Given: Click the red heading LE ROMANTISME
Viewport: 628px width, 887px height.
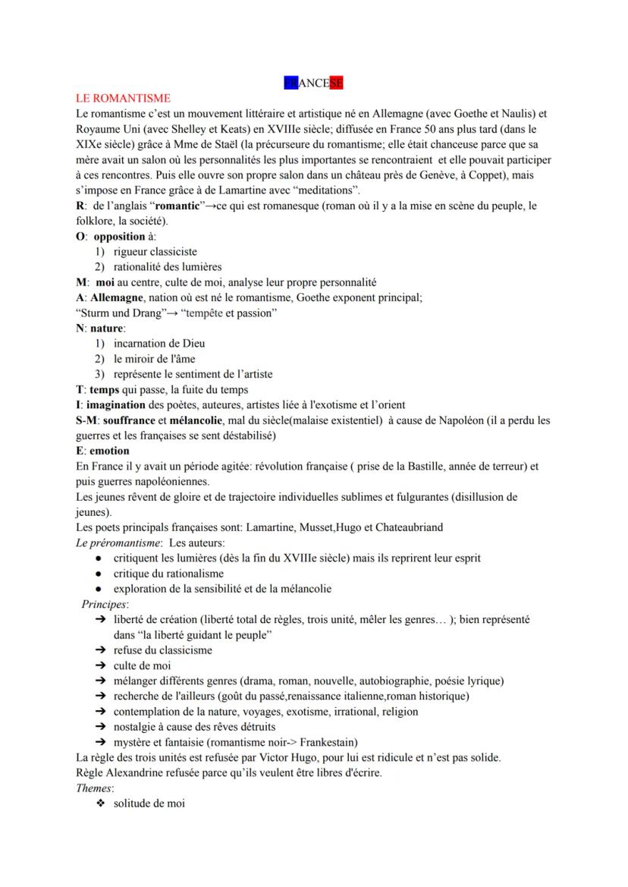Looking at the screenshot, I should coord(122,99).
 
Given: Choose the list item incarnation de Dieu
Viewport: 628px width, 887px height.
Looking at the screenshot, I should coord(159,343).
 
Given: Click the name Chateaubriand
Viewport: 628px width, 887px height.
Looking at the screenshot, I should coord(407,527).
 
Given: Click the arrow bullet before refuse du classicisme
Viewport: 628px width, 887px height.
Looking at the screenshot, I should coord(99,650).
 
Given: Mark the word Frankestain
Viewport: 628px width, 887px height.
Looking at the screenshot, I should coord(325,742).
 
